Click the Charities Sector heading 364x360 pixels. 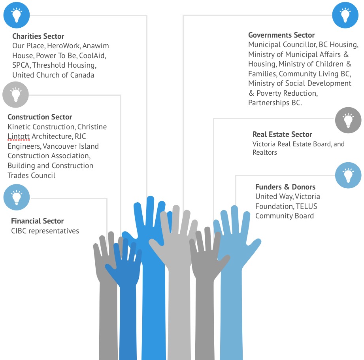click(38, 36)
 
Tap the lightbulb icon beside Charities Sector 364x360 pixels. click(17, 15)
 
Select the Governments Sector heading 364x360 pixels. click(281, 35)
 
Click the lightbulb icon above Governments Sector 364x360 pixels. click(345, 15)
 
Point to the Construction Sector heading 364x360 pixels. click(40, 117)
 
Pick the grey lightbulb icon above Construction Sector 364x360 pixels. click(15, 95)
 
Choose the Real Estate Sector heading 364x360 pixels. click(282, 134)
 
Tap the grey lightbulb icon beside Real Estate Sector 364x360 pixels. click(348, 120)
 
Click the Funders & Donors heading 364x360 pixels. click(285, 187)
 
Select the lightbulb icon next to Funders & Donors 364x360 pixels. click(348, 175)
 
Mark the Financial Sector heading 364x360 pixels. click(38, 221)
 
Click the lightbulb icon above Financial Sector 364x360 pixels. click(17, 197)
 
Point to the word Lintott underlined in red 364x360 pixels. click(19, 136)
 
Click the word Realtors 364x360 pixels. click(265, 152)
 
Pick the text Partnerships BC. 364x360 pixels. click(275, 102)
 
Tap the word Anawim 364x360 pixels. click(96, 45)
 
